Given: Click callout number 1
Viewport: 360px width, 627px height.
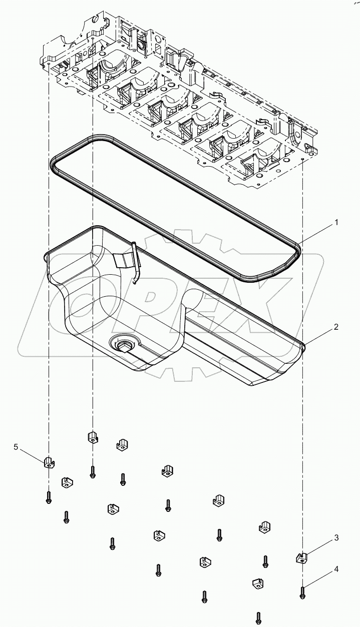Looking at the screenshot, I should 336,221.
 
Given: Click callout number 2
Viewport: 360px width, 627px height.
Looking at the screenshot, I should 336,328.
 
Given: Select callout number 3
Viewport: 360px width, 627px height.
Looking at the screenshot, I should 336,538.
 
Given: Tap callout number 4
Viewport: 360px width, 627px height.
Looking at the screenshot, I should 336,569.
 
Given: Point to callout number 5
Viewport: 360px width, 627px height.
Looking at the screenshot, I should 16,447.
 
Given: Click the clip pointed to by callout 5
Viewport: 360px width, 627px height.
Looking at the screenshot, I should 48,462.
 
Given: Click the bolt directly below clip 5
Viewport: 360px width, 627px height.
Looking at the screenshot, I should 49,497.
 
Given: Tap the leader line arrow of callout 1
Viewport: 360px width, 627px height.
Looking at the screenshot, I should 299,244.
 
